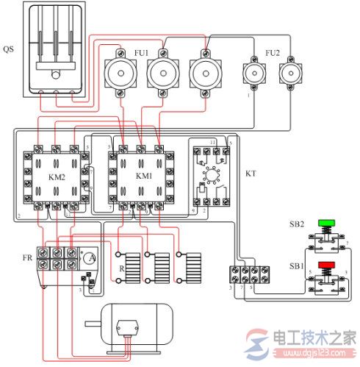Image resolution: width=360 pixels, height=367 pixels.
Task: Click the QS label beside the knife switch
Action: coord(7,49)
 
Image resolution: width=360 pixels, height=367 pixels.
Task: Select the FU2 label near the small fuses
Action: coord(272,52)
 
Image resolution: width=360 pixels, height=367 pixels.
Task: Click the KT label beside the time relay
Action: coord(250,177)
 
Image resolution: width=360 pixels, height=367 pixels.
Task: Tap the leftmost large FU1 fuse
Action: coord(120,74)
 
